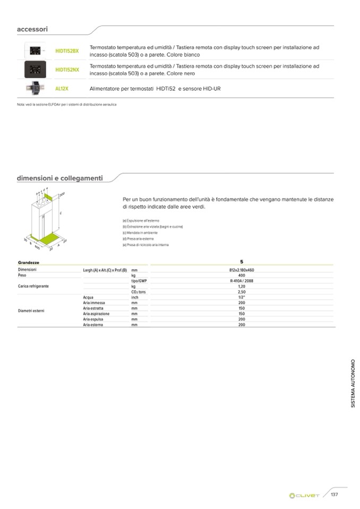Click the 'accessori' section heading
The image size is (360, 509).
(x=33, y=30)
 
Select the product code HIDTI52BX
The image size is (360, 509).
(x=67, y=51)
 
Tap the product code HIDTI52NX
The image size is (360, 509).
(x=67, y=70)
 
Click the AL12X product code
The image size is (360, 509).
(x=62, y=88)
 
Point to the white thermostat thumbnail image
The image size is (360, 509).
(x=36, y=51)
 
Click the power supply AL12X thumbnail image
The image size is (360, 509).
(x=36, y=88)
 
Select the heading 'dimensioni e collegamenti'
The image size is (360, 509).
(x=59, y=178)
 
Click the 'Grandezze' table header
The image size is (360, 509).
(x=28, y=263)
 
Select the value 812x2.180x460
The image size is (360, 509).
(x=242, y=270)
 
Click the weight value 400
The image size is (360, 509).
(x=242, y=275)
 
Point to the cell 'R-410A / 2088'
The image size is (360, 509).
(x=242, y=281)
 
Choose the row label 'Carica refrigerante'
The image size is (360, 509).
(x=33, y=286)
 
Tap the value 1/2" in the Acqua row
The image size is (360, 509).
(x=242, y=297)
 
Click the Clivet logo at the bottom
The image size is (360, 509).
(x=305, y=496)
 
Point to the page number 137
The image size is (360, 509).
(x=335, y=495)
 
